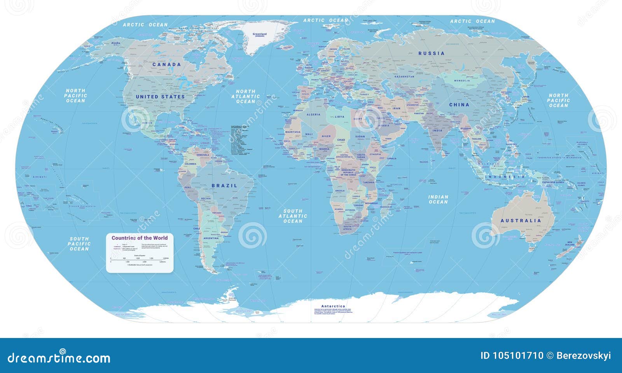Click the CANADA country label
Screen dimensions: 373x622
(166, 65)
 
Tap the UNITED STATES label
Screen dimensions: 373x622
(160, 96)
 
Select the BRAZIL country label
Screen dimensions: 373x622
(224, 186)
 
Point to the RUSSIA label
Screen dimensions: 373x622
(431, 53)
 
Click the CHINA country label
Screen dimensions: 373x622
(459, 105)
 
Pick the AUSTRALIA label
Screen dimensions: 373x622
(521, 221)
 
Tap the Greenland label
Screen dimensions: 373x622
(260, 35)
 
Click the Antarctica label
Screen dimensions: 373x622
(333, 306)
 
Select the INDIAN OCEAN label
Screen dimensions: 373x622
(438, 200)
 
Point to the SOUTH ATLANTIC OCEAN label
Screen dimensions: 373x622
(293, 216)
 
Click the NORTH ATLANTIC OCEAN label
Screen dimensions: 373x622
(246, 96)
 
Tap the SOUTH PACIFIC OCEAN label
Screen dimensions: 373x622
(79, 244)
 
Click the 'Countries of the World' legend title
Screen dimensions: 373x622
(140, 238)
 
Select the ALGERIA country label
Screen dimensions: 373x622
(313, 115)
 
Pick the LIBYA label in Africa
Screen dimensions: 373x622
(339, 117)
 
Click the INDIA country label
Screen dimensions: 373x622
(438, 131)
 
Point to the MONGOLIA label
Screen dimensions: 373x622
(462, 81)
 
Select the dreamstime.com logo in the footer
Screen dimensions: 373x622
(59, 358)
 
